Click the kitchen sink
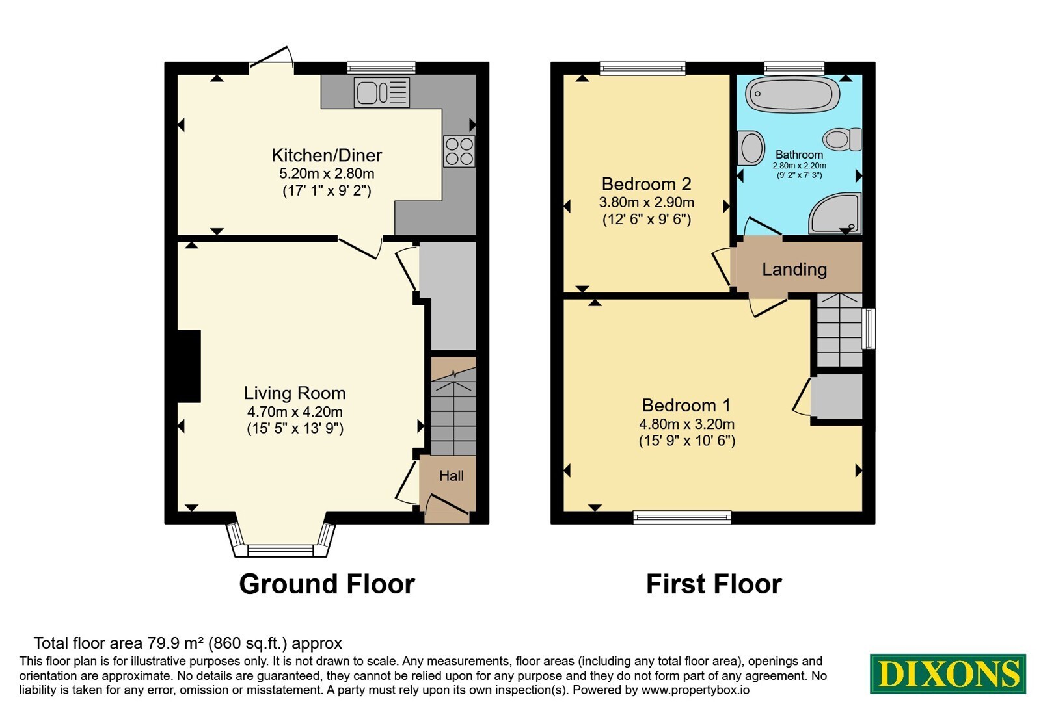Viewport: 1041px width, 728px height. pos(381,92)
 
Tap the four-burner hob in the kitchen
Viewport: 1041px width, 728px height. pos(459,151)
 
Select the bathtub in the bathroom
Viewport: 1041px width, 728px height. pos(792,95)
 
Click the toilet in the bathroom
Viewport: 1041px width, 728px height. pos(842,139)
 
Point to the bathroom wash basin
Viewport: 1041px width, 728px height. pos(751,149)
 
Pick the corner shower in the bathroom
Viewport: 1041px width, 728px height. pos(835,214)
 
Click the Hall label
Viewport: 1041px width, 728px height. pos(452,476)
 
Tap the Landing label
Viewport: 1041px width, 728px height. pos(794,269)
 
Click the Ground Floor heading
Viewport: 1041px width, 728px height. pos(327,584)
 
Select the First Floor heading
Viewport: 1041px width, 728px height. pos(714,584)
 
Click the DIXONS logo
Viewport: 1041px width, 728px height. pos(947,673)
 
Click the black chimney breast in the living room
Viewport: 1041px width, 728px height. pos(189,367)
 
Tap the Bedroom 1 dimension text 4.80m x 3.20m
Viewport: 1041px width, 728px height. pos(686,424)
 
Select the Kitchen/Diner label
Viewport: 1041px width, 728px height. pos(327,155)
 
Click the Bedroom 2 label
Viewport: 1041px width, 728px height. pos(647,185)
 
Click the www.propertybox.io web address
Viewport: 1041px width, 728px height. pos(696,690)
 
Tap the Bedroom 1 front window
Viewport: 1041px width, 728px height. pos(682,517)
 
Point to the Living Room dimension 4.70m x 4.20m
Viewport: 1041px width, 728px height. pos(295,412)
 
